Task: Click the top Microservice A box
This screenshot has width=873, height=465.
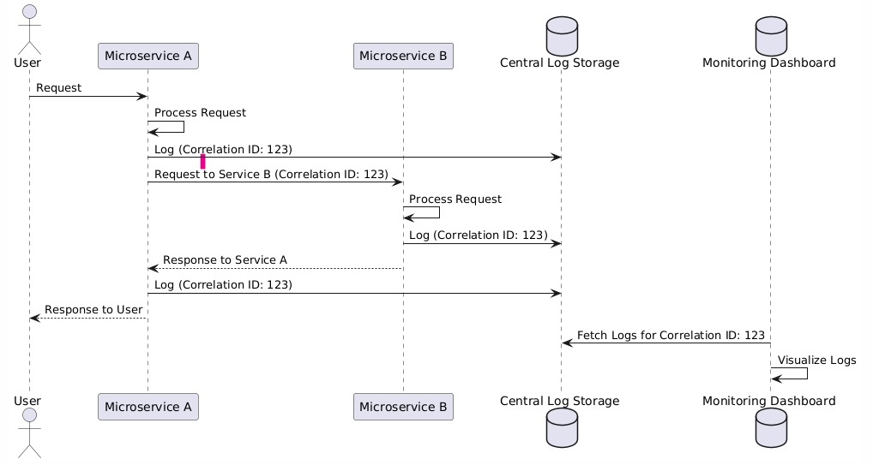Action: [x=148, y=57]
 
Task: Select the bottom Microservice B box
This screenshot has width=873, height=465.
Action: [x=403, y=407]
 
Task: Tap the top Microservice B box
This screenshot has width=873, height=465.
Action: [x=403, y=57]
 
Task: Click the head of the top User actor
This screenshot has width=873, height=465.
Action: [x=30, y=11]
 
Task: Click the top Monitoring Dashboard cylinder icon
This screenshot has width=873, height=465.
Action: [x=769, y=32]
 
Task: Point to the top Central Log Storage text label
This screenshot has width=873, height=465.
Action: [x=561, y=63]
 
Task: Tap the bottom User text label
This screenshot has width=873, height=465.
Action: [x=27, y=400]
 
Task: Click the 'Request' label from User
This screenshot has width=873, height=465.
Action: [x=58, y=88]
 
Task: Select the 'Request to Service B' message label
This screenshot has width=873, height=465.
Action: [x=271, y=174]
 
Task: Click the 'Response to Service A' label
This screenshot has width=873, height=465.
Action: [x=225, y=259]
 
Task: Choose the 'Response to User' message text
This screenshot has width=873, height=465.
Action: [x=93, y=309]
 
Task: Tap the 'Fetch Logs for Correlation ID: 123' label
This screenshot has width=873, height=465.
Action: [x=671, y=335]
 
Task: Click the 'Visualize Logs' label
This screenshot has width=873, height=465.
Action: [x=816, y=361]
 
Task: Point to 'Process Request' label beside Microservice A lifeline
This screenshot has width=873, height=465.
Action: [x=200, y=113]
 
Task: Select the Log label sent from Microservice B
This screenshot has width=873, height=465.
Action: [x=478, y=235]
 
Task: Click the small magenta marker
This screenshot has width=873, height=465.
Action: [x=202, y=161]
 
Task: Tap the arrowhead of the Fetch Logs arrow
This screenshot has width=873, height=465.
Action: [x=566, y=343]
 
